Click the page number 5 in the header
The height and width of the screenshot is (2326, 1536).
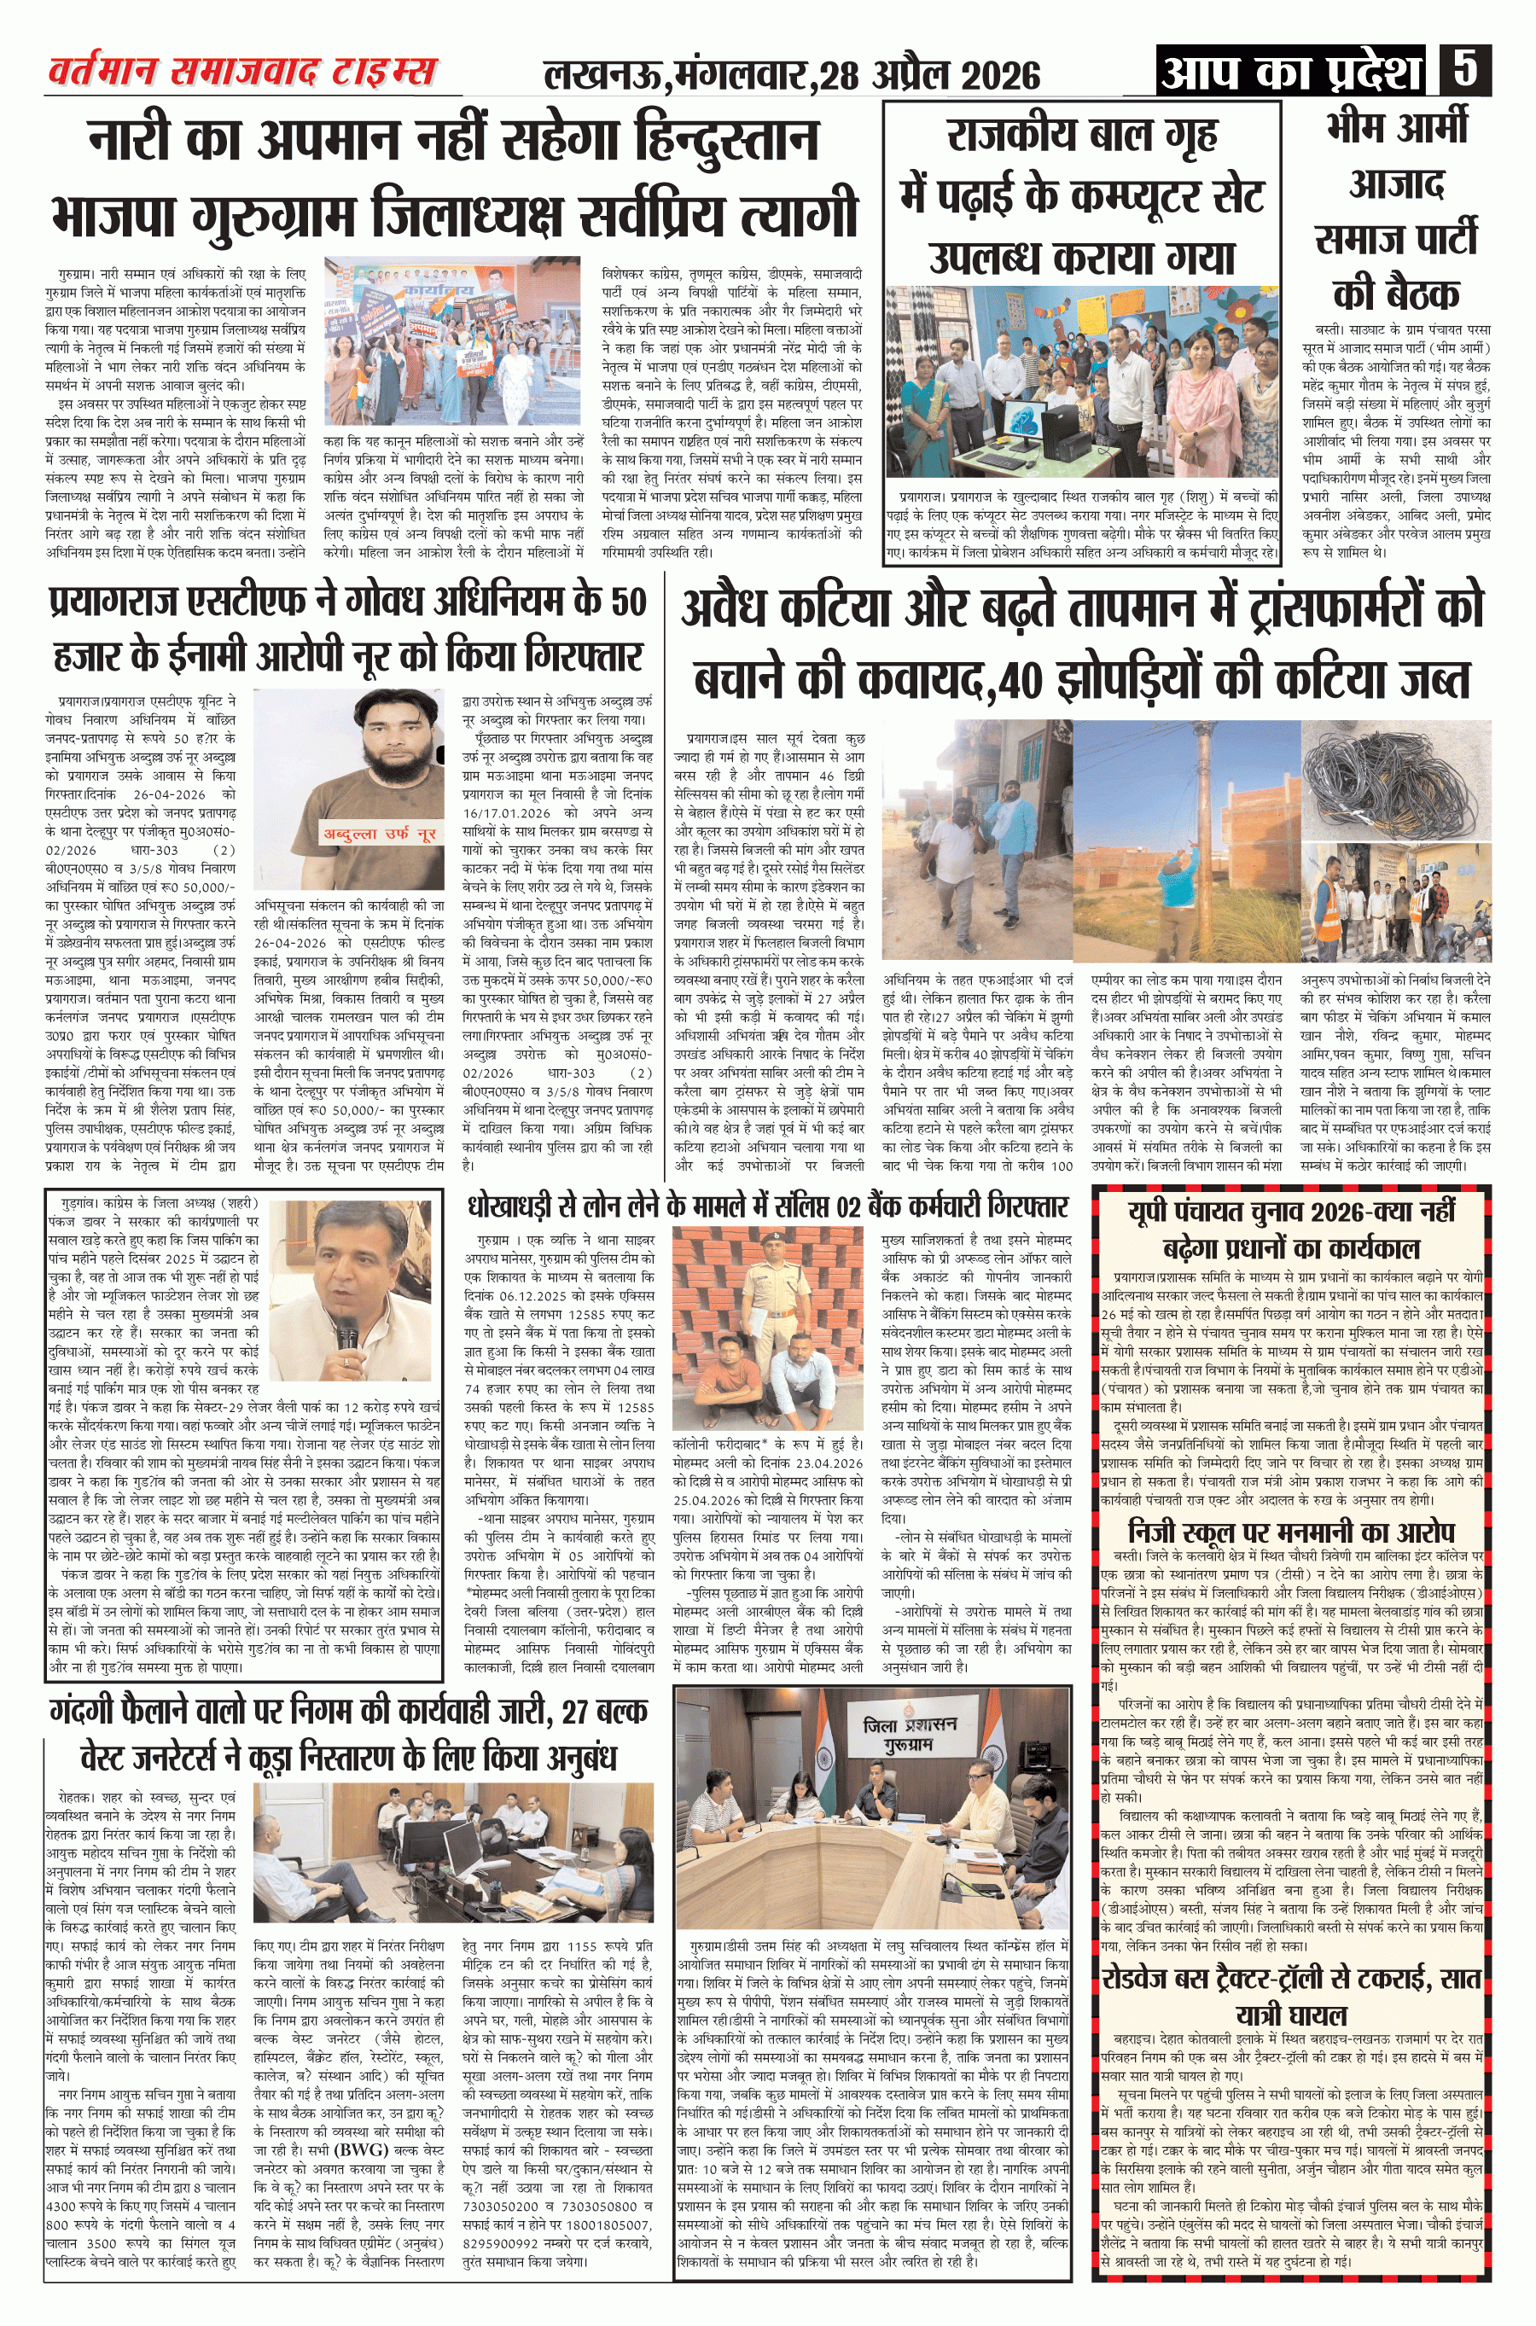(1465, 71)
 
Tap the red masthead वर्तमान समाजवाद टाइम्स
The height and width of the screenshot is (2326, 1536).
(243, 72)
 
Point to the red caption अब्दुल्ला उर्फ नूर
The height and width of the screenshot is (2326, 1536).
(379, 834)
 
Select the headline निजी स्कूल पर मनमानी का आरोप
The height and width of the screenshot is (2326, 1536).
(1291, 1532)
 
